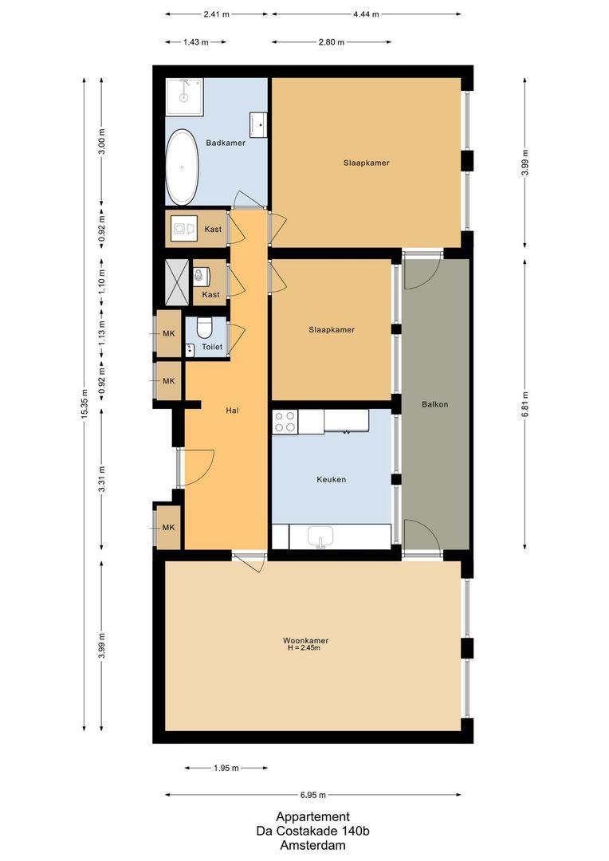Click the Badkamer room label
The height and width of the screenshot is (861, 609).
[x=226, y=143]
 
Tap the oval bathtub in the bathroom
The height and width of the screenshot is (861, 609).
[x=183, y=167]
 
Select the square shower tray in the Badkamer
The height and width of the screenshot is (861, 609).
[x=185, y=96]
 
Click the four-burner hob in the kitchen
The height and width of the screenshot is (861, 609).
[x=285, y=422]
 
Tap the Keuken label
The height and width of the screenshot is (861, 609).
[x=331, y=479]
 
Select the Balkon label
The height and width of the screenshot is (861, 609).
[x=434, y=404]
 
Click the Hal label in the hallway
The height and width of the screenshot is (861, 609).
[x=233, y=411]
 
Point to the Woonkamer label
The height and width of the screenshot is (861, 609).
[x=305, y=640]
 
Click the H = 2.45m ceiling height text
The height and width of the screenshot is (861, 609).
[x=304, y=649]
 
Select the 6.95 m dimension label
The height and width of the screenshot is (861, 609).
[x=313, y=795]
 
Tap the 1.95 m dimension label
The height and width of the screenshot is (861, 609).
[x=226, y=769]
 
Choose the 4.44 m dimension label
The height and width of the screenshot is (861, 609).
[x=366, y=14]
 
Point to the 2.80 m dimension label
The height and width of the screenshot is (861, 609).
[x=331, y=42]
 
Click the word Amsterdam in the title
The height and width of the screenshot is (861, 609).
[x=312, y=845]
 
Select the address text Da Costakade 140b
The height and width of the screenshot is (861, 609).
[x=312, y=831]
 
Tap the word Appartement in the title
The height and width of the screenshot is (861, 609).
[x=312, y=816]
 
